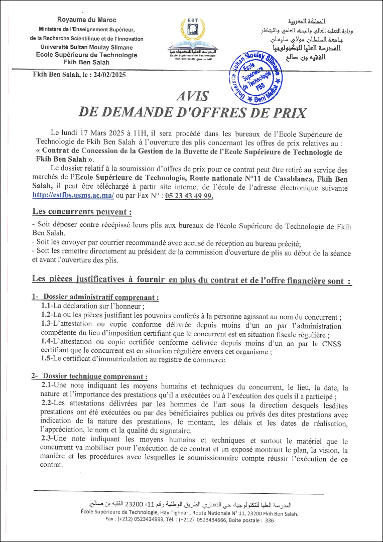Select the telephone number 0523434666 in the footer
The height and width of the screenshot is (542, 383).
[x=202, y=520]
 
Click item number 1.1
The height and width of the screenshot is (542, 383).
[x=47, y=307]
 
